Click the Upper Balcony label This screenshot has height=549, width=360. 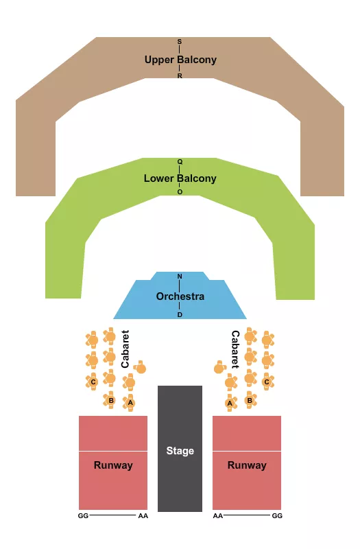[x=180, y=60]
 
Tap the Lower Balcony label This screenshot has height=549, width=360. [x=180, y=178]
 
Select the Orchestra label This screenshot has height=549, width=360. [x=180, y=296]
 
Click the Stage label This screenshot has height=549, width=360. [x=180, y=451]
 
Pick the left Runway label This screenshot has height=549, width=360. [x=113, y=465]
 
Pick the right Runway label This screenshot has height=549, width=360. [x=247, y=465]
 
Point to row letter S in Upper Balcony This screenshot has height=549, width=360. [x=180, y=42]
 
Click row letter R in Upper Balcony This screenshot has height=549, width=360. [x=180, y=76]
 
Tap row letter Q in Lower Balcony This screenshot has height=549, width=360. [x=180, y=162]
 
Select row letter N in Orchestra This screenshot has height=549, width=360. [x=180, y=277]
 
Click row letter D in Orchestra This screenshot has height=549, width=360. [x=180, y=314]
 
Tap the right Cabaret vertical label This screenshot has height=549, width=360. [x=235, y=349]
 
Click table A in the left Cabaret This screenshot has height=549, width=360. [x=130, y=402]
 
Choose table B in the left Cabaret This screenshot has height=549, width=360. [x=110, y=399]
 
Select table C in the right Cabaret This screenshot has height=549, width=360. [x=267, y=381]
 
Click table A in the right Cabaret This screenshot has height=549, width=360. [x=230, y=403]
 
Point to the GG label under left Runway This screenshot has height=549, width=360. [x=84, y=515]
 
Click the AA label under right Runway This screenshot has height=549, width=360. [x=218, y=515]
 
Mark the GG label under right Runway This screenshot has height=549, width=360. [x=277, y=515]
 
